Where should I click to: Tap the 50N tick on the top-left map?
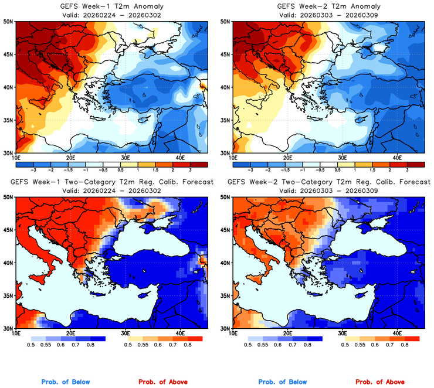click(9, 21)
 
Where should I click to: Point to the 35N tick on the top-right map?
click(227, 120)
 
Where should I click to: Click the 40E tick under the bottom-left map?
click(181, 333)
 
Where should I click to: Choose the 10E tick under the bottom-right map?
click(233, 333)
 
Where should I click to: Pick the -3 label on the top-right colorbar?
click(250, 168)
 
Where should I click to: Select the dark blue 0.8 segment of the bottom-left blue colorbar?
click(97, 338)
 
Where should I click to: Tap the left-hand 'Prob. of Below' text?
click(65, 382)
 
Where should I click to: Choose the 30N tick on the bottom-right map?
click(227, 328)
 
